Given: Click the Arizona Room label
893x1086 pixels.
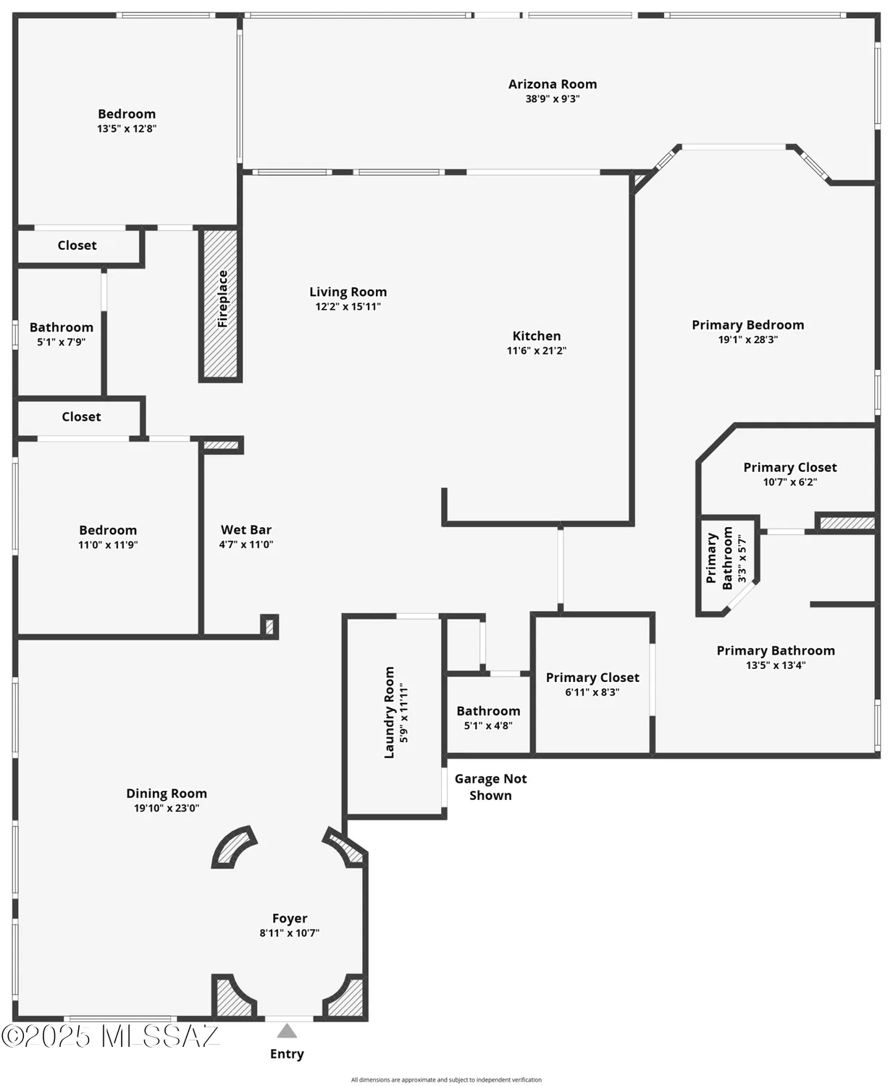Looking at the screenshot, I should pos(552,84).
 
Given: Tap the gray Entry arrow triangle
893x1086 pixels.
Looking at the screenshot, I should pos(287,1031).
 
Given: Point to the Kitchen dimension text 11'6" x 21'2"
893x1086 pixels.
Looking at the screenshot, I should pos(536,351).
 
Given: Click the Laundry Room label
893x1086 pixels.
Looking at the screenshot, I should pos(390,712).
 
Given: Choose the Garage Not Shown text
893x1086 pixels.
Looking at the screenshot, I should pos(490,787).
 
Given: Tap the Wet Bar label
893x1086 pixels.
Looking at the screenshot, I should pos(246,530).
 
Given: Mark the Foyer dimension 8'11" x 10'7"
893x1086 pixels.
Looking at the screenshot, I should pos(289,933).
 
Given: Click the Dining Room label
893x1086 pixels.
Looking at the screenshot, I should pos(167,794).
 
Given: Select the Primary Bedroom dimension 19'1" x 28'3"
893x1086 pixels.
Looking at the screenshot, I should pos(747,340).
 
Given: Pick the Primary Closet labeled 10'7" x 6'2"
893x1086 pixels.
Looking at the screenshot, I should pos(789,468).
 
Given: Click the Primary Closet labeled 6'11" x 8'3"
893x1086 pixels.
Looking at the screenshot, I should pos(592,678).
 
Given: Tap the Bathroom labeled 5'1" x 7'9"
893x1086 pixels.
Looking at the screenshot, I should pos(62,328).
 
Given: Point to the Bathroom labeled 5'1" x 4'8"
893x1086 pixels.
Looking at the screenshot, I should pos(488,711).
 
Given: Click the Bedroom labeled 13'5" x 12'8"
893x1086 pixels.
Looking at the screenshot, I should pos(127,114).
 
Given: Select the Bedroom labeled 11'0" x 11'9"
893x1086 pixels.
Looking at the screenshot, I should pos(108,531).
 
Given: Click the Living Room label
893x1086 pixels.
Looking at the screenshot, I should pos(348,292).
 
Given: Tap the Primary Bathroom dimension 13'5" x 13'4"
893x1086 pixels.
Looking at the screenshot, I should pos(776,665).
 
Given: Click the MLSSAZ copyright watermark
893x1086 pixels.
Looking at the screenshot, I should pos(110,1037).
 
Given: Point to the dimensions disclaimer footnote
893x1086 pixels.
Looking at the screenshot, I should pos(446,1079).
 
